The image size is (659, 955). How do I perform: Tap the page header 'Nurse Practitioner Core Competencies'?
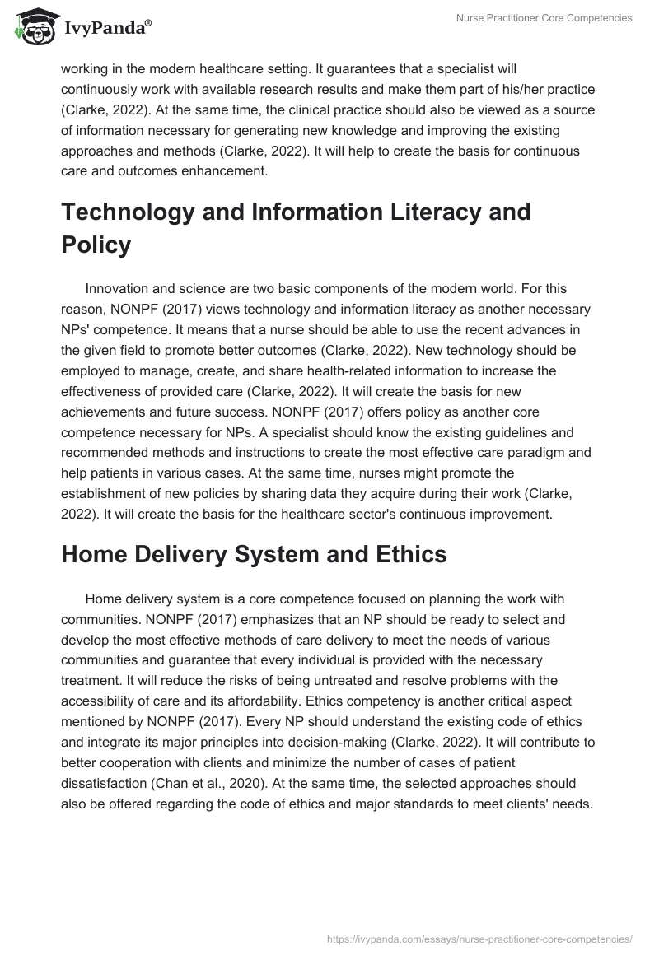(x=544, y=18)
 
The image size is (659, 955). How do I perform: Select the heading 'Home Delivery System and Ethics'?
(x=254, y=554)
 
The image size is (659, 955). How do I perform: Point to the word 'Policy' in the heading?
(x=96, y=245)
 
